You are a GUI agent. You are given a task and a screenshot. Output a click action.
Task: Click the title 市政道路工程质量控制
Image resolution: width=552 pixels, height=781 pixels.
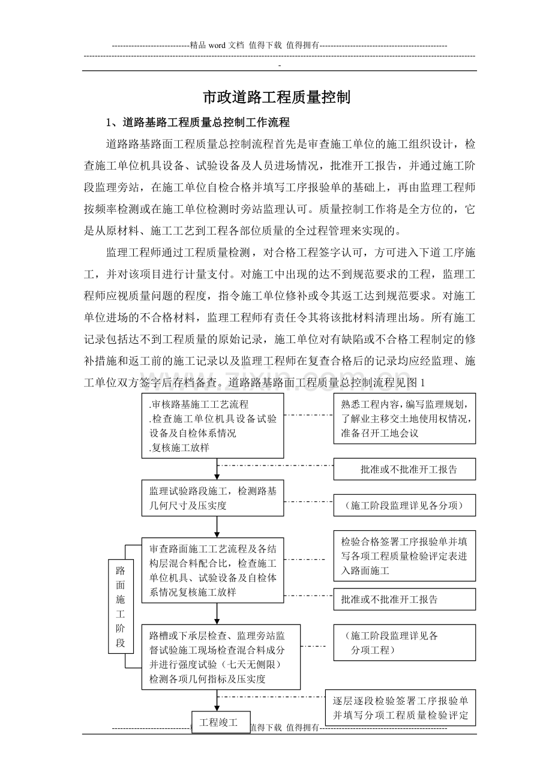(x=276, y=98)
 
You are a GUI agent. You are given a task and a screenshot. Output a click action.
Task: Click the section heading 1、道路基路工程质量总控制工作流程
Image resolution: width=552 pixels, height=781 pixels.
(x=197, y=123)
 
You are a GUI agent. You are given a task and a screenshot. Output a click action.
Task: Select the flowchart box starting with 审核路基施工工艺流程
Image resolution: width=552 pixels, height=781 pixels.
(x=212, y=426)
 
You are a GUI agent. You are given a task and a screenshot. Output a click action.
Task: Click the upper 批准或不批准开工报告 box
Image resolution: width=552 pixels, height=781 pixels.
(x=404, y=470)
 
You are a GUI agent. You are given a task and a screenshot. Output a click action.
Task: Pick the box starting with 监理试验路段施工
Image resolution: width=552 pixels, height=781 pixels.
(x=212, y=498)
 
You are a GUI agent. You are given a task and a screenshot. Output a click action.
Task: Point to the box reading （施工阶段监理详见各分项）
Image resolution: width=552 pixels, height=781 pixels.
(x=404, y=506)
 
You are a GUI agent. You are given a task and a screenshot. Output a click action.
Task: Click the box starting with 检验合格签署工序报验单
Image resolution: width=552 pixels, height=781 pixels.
(x=404, y=555)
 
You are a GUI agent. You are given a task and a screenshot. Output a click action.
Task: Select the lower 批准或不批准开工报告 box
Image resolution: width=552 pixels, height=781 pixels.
(x=404, y=599)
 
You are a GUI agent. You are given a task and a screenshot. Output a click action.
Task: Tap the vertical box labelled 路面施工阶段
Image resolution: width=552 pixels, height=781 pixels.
(x=121, y=606)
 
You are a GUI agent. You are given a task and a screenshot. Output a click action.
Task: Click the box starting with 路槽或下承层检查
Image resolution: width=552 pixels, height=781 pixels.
(x=221, y=657)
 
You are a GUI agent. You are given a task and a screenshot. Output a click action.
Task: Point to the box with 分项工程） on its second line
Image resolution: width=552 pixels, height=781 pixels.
(x=404, y=642)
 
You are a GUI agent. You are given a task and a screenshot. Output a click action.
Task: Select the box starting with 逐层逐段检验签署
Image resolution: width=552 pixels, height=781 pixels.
(x=401, y=708)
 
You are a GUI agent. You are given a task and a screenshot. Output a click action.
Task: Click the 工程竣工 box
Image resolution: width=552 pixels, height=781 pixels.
(x=218, y=722)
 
